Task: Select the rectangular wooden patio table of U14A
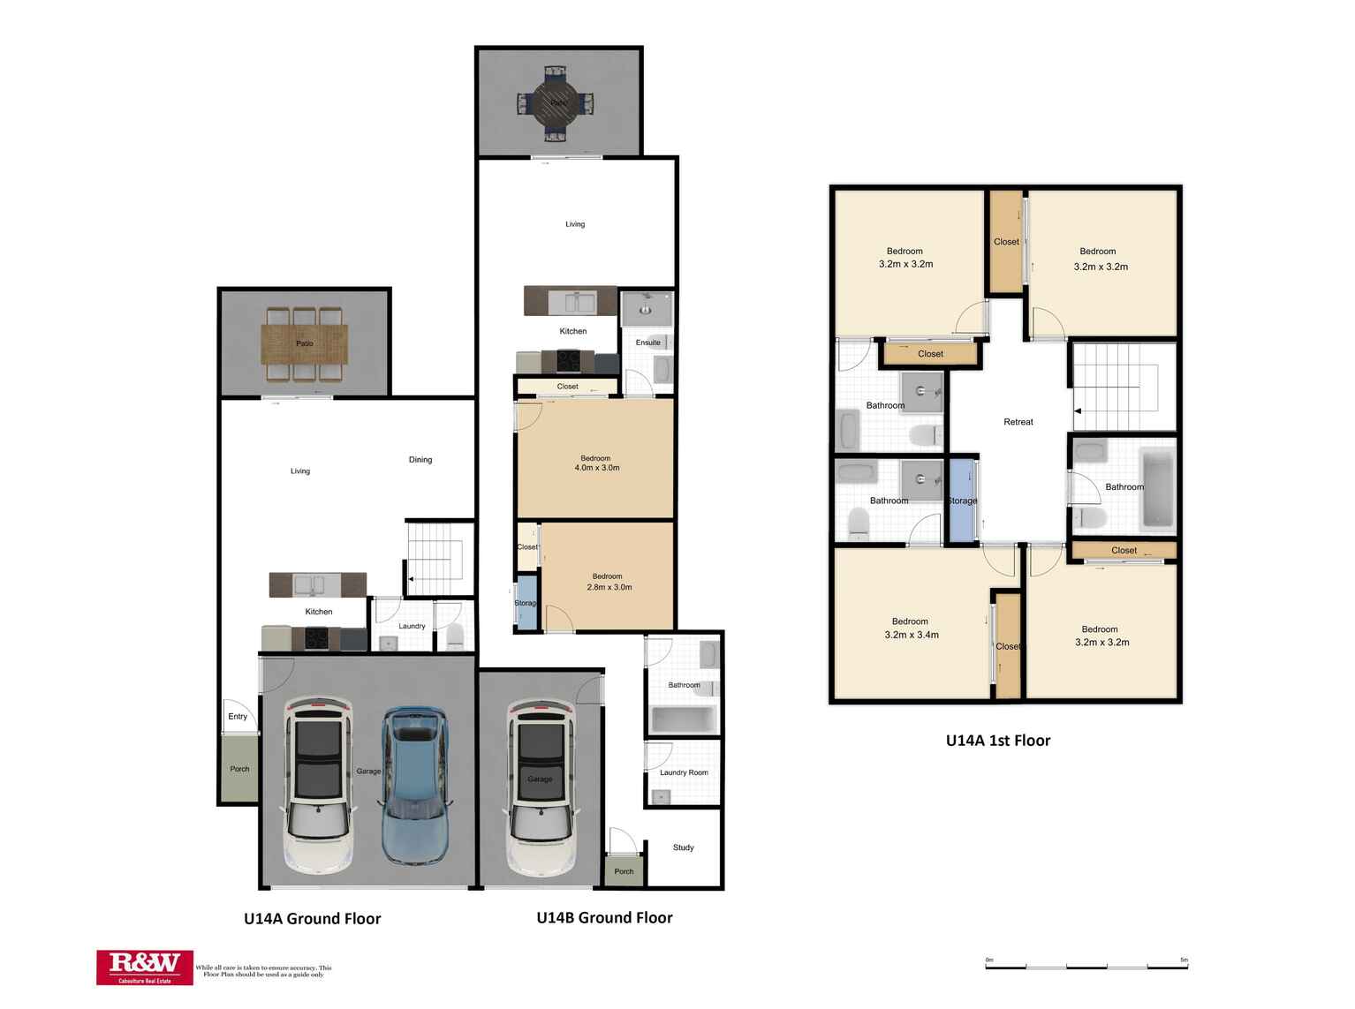(304, 343)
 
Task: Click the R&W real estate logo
(145, 968)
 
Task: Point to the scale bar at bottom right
(1086, 966)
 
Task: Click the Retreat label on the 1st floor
(1018, 422)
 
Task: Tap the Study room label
(683, 847)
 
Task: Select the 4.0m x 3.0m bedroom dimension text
(596, 468)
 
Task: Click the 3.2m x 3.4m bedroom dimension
(911, 635)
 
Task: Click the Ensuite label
(647, 343)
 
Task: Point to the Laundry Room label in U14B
(684, 772)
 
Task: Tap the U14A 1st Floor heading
(997, 741)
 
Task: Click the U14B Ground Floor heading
(604, 918)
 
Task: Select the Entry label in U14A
(238, 716)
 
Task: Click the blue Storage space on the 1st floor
(962, 500)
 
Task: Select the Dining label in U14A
(420, 460)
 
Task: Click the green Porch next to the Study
(624, 871)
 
